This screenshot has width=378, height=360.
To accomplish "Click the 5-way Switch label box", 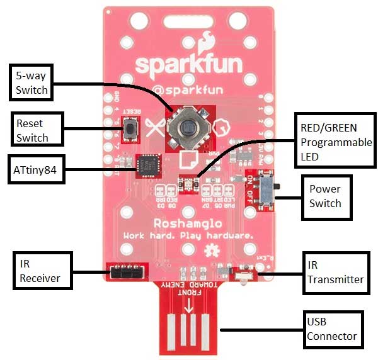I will (31, 82).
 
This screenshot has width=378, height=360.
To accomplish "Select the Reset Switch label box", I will (31, 128).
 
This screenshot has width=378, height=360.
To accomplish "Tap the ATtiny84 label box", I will (35, 169).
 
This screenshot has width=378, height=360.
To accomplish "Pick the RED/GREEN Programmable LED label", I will (335, 143).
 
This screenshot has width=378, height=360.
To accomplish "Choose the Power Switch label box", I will (325, 196).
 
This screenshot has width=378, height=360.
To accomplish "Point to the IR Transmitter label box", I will (335, 272).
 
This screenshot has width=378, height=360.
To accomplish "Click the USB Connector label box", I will (332, 329).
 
